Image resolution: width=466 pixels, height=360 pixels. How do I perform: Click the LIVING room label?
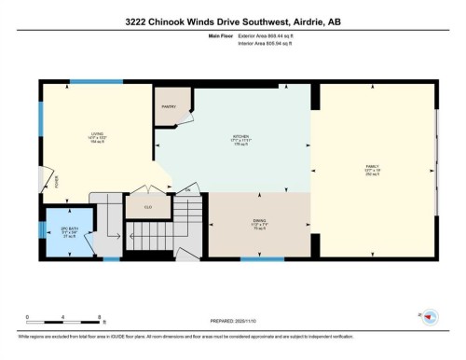pyautogui.click(x=95, y=133)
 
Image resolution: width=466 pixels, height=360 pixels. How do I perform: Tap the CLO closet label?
pyautogui.click(x=147, y=205)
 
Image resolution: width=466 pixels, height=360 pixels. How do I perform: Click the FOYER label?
pyautogui.click(x=56, y=183)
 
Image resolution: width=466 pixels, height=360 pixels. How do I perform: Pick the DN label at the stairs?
pyautogui.click(x=186, y=190)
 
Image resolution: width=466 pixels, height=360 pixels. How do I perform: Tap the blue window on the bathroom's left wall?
pyautogui.click(x=40, y=229)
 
